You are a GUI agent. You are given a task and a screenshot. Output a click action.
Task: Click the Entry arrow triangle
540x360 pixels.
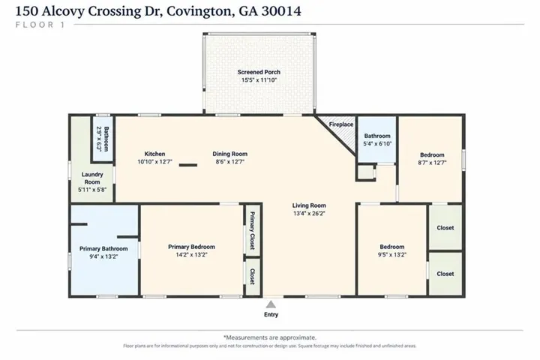pyautogui.click(x=271, y=304)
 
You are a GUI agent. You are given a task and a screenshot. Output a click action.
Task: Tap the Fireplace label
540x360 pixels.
pyautogui.click(x=341, y=124)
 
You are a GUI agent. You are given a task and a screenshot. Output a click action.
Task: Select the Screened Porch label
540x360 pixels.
pyautogui.click(x=259, y=72)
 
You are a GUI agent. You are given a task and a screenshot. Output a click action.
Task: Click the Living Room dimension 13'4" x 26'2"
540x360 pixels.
pyautogui.click(x=309, y=213)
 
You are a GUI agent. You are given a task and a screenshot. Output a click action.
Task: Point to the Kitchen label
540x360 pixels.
pyautogui.click(x=154, y=154)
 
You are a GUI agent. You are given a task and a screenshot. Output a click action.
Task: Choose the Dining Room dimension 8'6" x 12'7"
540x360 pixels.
pyautogui.click(x=229, y=161)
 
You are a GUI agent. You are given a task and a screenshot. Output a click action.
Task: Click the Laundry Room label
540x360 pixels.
pyautogui.click(x=92, y=178)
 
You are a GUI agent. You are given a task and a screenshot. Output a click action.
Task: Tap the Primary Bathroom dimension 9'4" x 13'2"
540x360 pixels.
pyautogui.click(x=103, y=256)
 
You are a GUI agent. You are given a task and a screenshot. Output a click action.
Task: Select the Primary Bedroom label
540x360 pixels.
pyautogui.click(x=191, y=247)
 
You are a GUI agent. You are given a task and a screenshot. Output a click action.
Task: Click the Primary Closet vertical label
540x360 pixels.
pyautogui.click(x=252, y=230)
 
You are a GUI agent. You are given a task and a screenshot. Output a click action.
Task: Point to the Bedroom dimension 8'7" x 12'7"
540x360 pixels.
pyautogui.click(x=432, y=163)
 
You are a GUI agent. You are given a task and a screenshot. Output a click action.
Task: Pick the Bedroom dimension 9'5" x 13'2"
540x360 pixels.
pyautogui.click(x=392, y=254)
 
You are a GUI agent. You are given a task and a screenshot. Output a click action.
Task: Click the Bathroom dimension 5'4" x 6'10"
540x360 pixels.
pyautogui.click(x=377, y=144)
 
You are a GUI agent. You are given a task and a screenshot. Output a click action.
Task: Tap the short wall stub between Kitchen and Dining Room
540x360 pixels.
pyautogui.click(x=188, y=165)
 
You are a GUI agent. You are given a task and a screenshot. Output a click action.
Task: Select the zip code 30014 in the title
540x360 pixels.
pyautogui.click(x=281, y=11)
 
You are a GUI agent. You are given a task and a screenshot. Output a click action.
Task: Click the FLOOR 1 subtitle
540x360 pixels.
pyautogui.click(x=40, y=25)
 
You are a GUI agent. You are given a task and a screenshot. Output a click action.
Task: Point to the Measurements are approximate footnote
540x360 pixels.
pyautogui.click(x=270, y=337)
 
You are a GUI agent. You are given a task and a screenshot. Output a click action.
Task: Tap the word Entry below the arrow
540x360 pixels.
pyautogui.click(x=271, y=314)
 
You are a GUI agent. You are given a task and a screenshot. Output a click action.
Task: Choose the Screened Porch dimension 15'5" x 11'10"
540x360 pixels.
pyautogui.click(x=259, y=80)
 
